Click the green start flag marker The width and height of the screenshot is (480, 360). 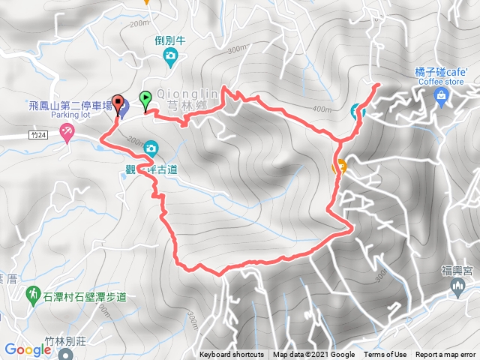coord(145,97)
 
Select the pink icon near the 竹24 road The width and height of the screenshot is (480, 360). coord(67,133)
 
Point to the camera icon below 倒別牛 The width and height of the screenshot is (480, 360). coord(171,55)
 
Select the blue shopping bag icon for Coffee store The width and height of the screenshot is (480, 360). coord(441,95)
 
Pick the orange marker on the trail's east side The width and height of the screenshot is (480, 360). coord(340,166)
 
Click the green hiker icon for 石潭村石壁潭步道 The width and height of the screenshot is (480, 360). coord(33,292)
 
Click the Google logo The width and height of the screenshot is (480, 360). coord(27,349)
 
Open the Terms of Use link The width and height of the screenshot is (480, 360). coord(385,355)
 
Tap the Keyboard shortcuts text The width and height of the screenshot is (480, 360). coord(232,355)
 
